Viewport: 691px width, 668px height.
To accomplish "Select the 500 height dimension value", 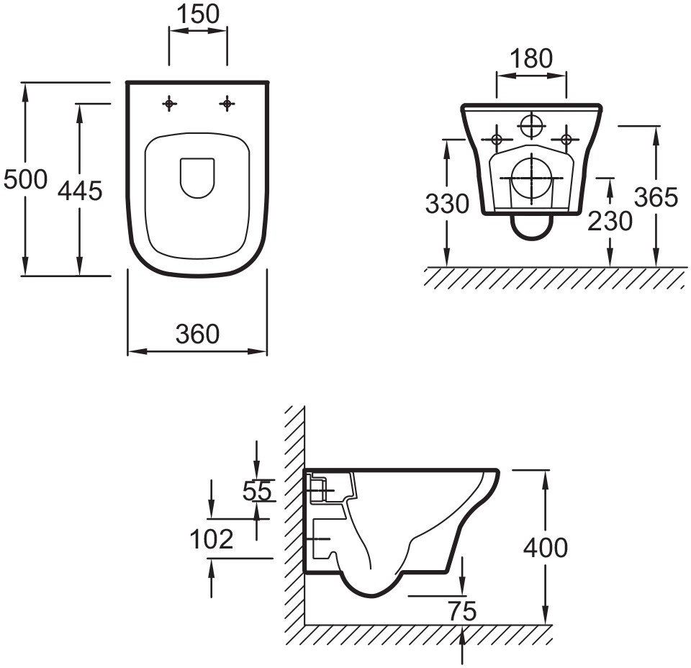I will [x=25, y=179].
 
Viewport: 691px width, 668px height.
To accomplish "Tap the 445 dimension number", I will [x=80, y=191].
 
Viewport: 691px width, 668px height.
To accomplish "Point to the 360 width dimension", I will [x=197, y=333].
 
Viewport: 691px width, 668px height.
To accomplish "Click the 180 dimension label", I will [x=531, y=58].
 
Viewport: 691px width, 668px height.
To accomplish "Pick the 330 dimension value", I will [x=447, y=204].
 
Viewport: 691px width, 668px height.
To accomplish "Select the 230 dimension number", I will [x=610, y=221].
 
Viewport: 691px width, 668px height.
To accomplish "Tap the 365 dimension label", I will [x=656, y=197].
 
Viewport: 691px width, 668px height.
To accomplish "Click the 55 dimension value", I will [x=257, y=491].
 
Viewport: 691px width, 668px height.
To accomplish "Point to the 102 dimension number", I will [x=212, y=538].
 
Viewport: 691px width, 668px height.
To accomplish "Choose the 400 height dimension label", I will [x=545, y=548].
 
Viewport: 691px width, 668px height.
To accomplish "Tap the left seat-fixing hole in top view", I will [x=169, y=104].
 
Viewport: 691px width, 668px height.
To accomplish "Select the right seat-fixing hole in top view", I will [x=227, y=104].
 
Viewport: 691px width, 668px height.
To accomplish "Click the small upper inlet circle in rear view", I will [x=531, y=126].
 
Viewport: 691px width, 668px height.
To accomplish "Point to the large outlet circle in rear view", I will [x=531, y=177].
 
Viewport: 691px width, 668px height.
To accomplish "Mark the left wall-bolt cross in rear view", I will [x=496, y=138].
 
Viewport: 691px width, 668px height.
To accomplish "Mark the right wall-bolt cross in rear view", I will [x=566, y=138].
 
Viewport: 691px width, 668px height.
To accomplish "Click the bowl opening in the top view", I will [x=197, y=177].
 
